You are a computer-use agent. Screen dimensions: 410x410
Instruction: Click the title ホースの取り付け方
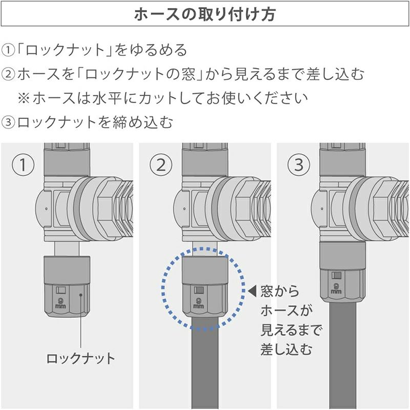(x=204, y=14)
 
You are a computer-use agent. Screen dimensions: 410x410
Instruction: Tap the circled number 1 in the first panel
(x=23, y=165)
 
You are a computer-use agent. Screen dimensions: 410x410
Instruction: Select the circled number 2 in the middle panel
(x=161, y=165)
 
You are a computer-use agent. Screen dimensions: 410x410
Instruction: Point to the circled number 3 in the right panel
(x=299, y=165)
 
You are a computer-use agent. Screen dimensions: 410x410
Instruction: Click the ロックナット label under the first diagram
(x=80, y=358)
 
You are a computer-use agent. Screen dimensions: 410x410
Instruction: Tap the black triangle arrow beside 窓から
(x=252, y=291)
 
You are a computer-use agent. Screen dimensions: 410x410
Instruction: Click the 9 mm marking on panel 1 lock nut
(x=60, y=303)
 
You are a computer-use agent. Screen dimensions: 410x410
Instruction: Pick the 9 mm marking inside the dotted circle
(x=199, y=303)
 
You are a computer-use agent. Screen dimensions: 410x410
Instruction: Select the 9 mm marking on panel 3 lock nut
(x=336, y=288)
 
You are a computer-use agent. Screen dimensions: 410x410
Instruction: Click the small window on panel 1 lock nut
(x=60, y=290)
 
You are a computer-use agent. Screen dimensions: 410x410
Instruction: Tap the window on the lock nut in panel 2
(x=199, y=290)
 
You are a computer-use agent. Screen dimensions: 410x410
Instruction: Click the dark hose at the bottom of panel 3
(x=343, y=356)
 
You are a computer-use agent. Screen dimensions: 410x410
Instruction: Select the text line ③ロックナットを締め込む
(x=87, y=122)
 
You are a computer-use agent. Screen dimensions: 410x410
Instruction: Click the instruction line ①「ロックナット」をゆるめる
(x=94, y=50)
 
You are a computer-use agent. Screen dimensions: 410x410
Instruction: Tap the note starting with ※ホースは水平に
(x=162, y=98)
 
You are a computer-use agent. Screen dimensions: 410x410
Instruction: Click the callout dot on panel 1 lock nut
(x=81, y=295)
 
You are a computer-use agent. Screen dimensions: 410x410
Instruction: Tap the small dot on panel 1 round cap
(x=46, y=209)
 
